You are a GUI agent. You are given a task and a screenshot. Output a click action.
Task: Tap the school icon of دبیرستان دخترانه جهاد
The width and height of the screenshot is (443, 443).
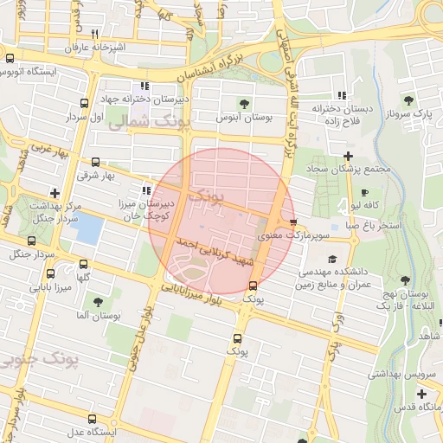(x=144, y=86)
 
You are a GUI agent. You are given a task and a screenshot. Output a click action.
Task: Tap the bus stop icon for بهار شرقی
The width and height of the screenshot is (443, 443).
(x=94, y=161)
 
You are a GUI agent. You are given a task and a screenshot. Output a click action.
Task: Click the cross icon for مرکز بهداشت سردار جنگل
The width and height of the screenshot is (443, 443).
(x=55, y=193)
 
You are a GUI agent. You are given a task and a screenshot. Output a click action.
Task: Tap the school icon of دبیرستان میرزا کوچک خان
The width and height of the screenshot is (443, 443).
(x=144, y=190)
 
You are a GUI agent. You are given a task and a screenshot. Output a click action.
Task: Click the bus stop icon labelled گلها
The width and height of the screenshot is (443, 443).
(x=82, y=264)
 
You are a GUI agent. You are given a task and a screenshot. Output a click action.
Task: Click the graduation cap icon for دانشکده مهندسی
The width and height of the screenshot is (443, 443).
(x=331, y=259)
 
